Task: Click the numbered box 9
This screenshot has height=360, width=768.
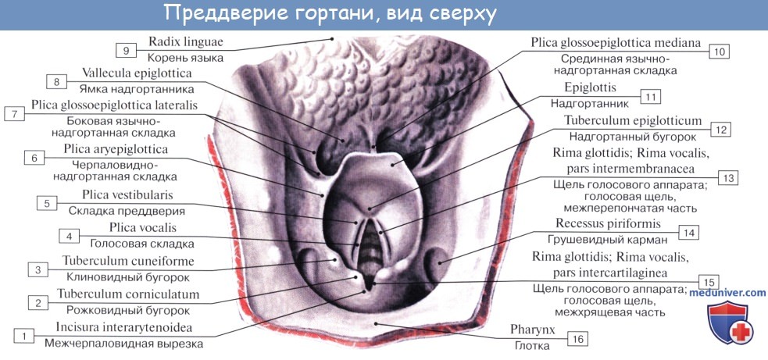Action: pos(125,51)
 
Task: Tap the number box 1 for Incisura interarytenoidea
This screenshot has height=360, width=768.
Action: pos(25,336)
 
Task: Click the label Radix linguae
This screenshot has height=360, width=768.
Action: pos(185,41)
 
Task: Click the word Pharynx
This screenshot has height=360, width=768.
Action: pos(534,330)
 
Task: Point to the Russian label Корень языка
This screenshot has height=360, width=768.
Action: pos(185,58)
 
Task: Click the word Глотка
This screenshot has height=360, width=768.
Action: pos(534,345)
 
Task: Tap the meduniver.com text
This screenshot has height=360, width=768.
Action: pos(727,292)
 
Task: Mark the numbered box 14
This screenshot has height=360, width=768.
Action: pos(688,232)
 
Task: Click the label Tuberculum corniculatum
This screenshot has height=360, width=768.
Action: pos(127,294)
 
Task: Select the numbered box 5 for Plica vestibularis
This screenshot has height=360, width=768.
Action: pos(47,203)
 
